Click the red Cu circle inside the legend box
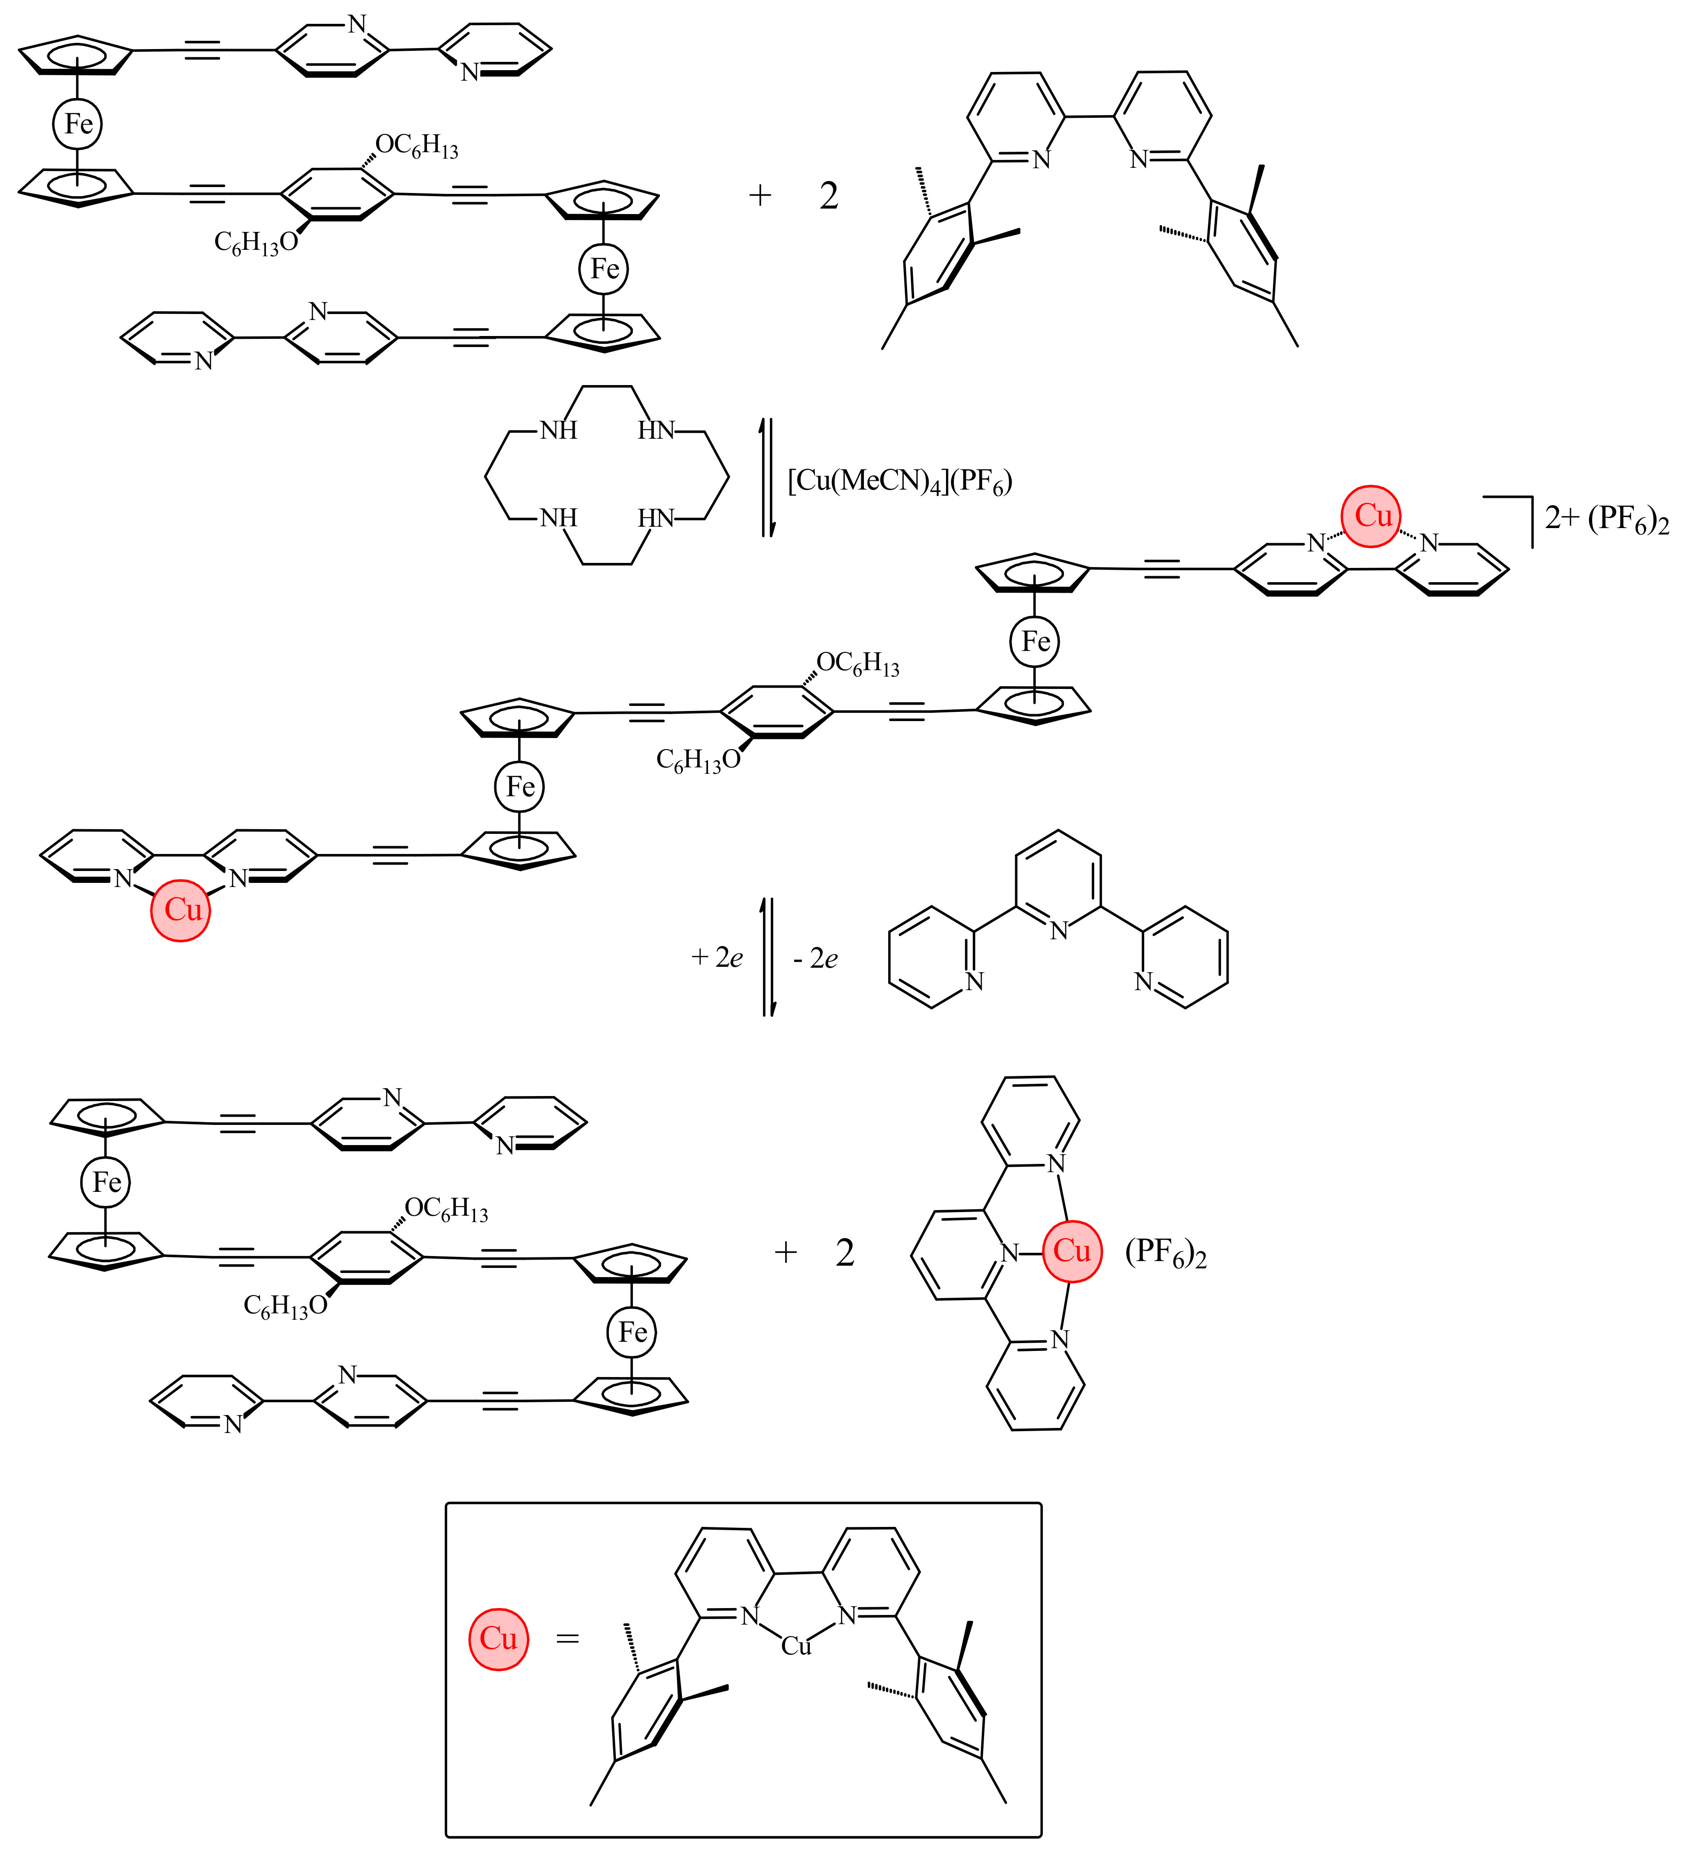coord(498,1639)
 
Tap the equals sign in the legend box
coord(568,1639)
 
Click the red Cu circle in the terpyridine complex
coord(1072,1251)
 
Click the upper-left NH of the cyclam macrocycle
coord(559,430)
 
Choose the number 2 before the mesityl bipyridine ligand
coord(828,196)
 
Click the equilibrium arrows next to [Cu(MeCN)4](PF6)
coord(767,477)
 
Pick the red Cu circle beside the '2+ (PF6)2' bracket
coord(1371,516)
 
